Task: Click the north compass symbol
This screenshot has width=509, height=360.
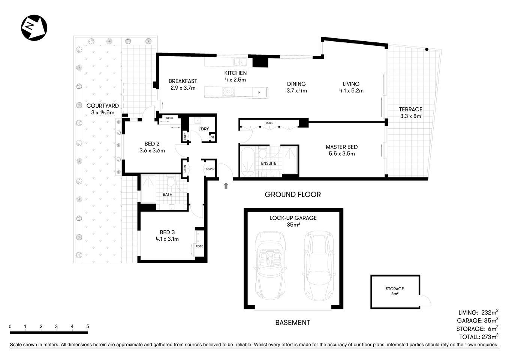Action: click(x=33, y=27)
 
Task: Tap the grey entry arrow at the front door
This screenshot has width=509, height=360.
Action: click(x=226, y=185)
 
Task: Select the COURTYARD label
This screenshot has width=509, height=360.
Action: click(x=102, y=106)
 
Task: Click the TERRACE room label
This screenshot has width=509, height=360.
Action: click(x=410, y=109)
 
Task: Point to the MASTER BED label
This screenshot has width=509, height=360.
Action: click(x=341, y=147)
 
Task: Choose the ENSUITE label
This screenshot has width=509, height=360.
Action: click(x=268, y=163)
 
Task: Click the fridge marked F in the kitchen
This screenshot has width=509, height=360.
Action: click(x=259, y=92)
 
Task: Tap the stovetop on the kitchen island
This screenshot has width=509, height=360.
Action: click(x=228, y=92)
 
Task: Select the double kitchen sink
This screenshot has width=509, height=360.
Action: click(x=240, y=62)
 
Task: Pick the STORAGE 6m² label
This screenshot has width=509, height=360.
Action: click(x=395, y=291)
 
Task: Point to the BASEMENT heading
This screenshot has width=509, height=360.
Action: click(x=292, y=322)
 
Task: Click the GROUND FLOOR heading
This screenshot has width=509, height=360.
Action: click(x=293, y=194)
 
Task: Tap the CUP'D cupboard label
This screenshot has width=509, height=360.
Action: click(x=210, y=169)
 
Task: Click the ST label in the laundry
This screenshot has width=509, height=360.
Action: click(x=213, y=137)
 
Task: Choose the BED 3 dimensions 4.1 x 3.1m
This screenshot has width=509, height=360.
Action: click(x=167, y=239)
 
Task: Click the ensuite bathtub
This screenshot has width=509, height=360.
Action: click(x=247, y=161)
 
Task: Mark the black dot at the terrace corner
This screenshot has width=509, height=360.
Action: click(x=427, y=49)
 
